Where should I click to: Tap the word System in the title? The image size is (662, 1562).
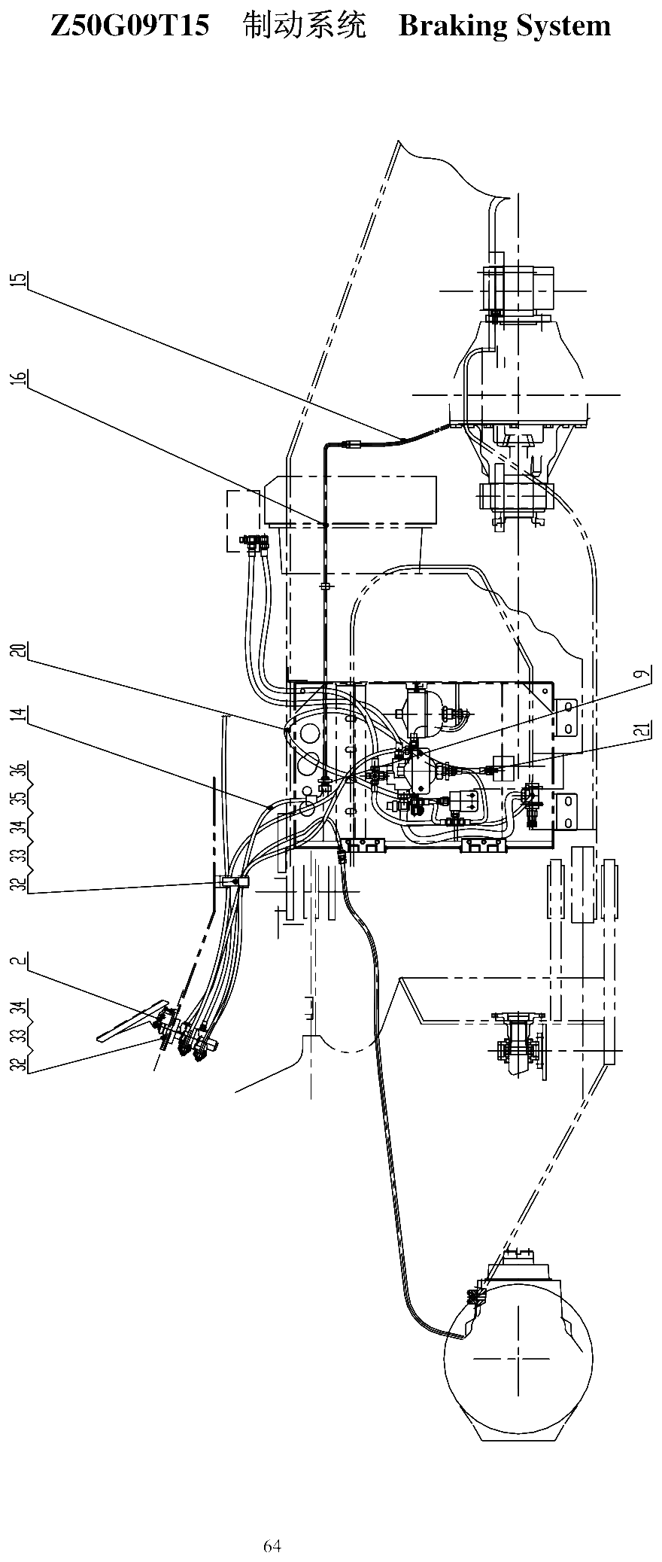coord(564,27)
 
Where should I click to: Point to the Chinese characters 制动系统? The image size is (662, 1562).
coord(305,26)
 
